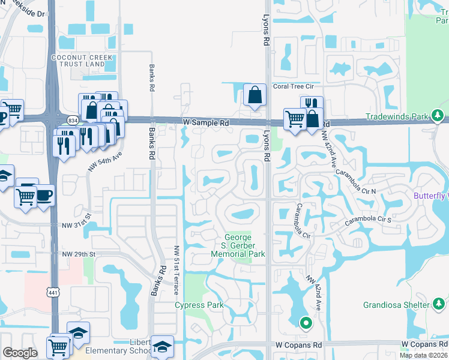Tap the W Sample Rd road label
pos(206,123)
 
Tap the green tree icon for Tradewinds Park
pos(438,115)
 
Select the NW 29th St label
pos(79,254)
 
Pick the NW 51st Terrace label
pos(176,270)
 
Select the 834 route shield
pos(72,120)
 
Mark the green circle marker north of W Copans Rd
pos(306,324)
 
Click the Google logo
pos(20,353)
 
